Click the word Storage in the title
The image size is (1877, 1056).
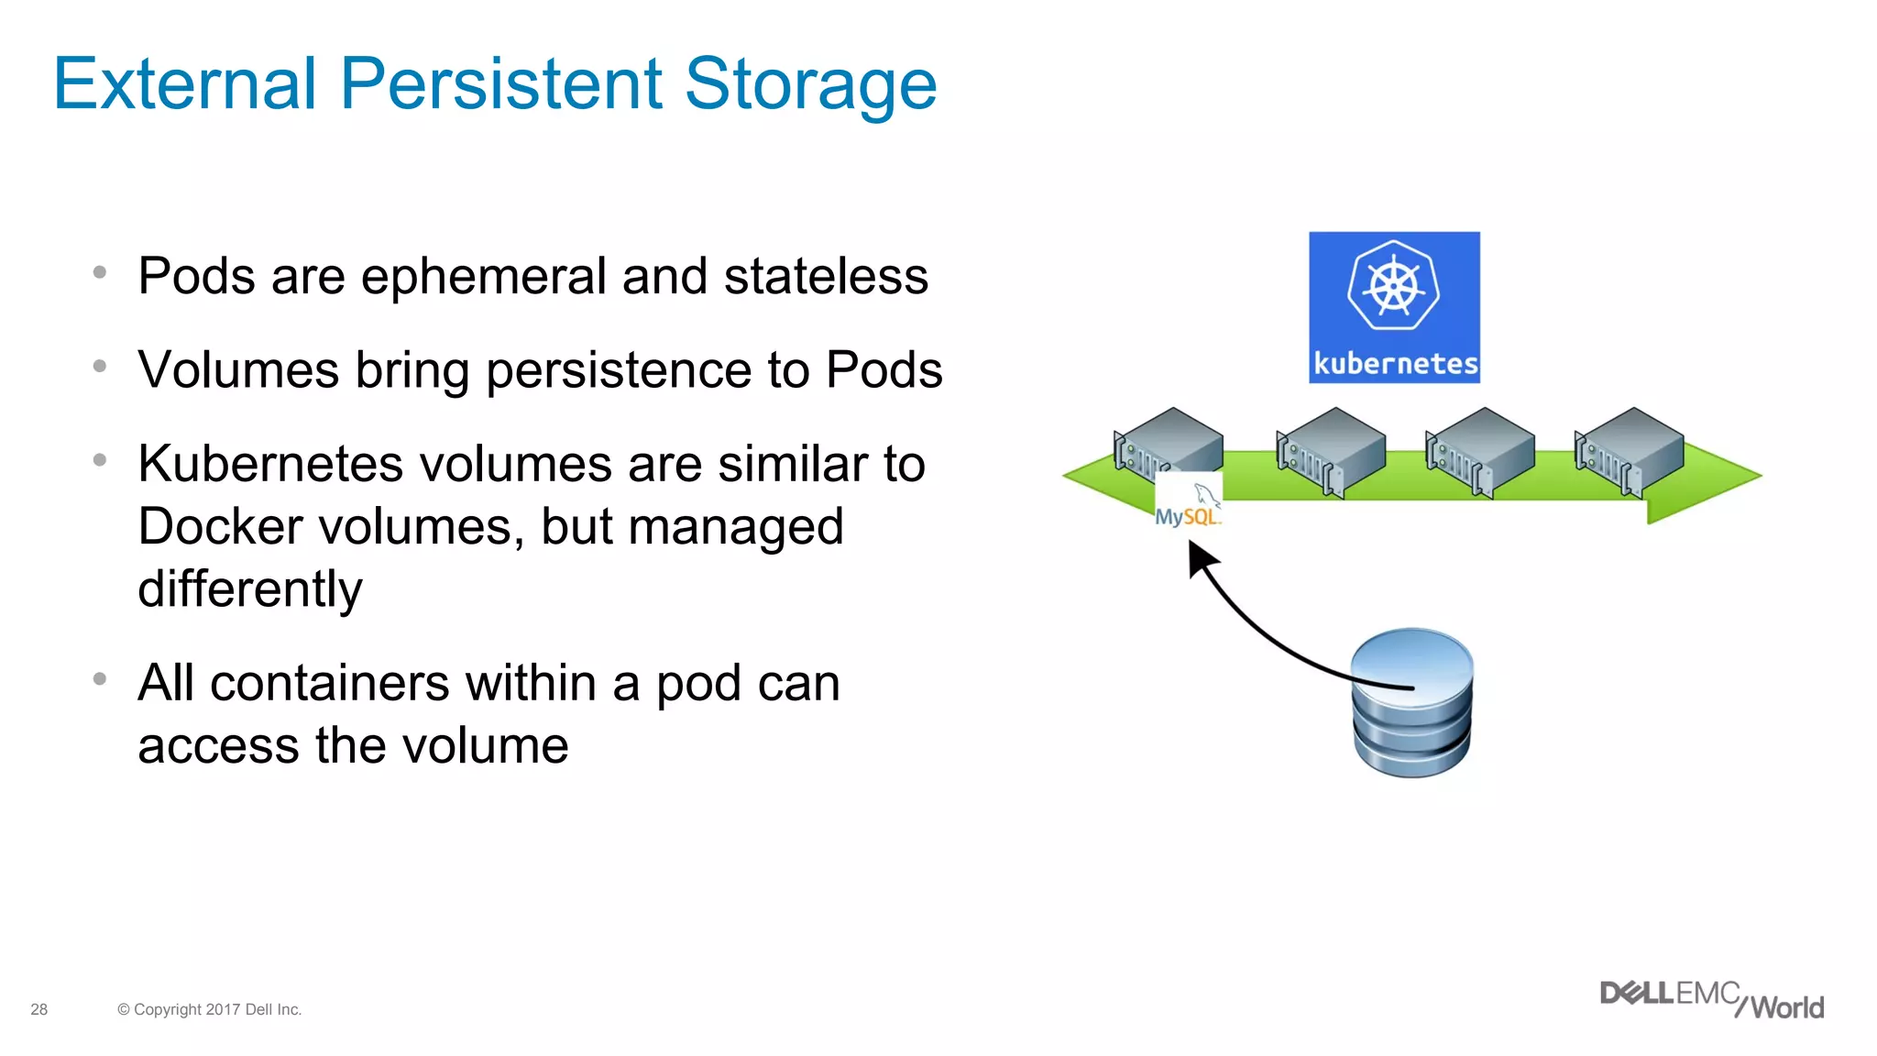coord(810,84)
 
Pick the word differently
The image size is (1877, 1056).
coord(249,588)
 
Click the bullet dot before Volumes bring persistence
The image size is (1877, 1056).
coord(100,367)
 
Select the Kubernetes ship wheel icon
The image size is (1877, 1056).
coord(1393,286)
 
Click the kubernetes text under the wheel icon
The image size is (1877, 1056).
coord(1395,364)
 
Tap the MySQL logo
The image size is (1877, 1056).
coord(1188,505)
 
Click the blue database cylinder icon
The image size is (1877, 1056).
coord(1411,703)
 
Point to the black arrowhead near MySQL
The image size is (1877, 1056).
coord(1201,556)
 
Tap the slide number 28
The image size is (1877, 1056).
coord(38,1009)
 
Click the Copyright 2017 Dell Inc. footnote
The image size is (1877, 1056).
coord(209,1009)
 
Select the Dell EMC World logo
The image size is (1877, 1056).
coord(1710,1000)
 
